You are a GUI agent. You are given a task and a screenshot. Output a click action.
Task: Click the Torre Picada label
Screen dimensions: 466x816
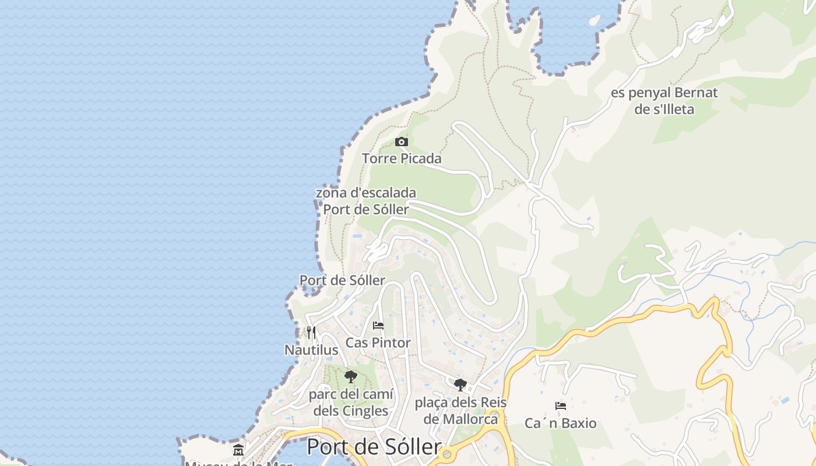point(402,158)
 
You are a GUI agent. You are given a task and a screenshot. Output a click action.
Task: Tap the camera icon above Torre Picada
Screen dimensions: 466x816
point(401,142)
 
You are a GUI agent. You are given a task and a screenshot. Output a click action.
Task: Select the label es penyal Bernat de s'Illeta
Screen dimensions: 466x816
point(664,101)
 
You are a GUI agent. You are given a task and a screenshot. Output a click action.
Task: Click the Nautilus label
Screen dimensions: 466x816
point(311,350)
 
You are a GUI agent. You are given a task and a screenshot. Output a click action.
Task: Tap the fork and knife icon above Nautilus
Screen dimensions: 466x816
point(311,333)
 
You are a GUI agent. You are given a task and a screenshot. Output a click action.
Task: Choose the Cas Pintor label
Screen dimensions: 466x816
point(378,343)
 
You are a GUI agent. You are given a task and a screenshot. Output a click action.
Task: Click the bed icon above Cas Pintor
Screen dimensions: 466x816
point(378,326)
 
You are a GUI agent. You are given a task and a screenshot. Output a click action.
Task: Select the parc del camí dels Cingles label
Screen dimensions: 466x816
point(351,403)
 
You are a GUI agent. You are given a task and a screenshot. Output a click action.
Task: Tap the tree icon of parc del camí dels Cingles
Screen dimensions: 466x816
point(350,377)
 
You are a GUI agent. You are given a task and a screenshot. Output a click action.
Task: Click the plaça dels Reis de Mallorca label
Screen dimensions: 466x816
point(460,410)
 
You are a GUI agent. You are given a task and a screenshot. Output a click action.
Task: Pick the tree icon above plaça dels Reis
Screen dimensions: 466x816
point(460,384)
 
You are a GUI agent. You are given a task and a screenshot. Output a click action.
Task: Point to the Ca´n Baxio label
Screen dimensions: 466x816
point(561,423)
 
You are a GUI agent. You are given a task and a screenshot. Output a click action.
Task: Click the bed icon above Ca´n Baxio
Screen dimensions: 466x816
point(561,405)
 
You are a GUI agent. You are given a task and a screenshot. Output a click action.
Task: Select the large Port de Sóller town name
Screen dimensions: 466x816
point(374,447)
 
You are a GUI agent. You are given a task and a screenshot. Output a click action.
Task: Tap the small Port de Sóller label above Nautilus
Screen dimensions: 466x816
point(343,280)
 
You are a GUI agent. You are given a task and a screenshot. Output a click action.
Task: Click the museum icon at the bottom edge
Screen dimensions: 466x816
point(238,450)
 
